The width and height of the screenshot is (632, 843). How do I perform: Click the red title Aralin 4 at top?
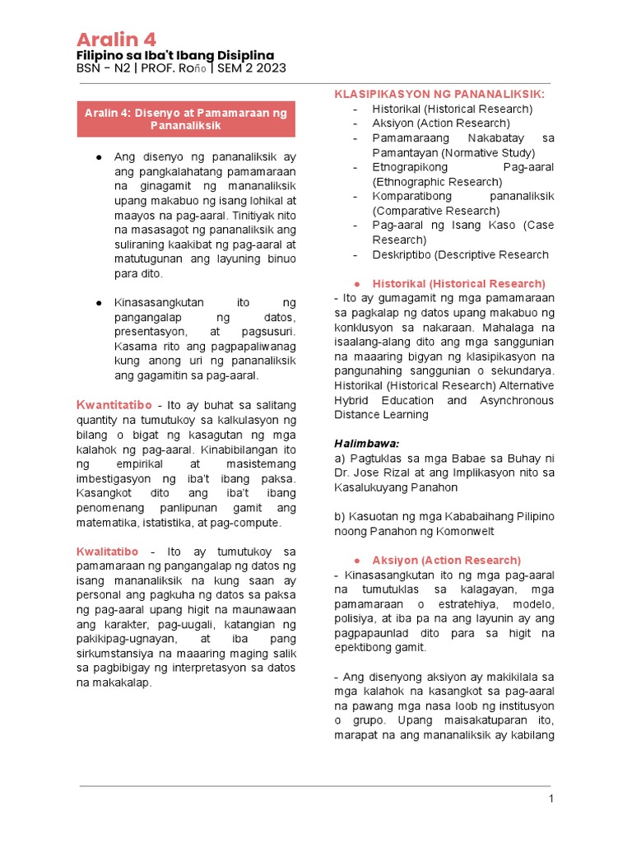click(x=116, y=39)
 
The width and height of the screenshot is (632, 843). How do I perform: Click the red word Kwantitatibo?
click(x=114, y=404)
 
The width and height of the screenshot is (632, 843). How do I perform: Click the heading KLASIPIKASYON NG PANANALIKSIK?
click(x=439, y=95)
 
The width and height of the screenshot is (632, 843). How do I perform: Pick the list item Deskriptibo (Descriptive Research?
click(x=460, y=254)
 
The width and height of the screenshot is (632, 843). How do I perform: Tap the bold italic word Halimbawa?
click(x=366, y=443)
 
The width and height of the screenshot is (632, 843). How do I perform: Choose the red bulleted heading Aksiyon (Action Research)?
click(x=446, y=560)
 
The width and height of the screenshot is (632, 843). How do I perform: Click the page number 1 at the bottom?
click(x=552, y=799)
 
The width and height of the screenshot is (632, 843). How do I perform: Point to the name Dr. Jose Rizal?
click(x=372, y=472)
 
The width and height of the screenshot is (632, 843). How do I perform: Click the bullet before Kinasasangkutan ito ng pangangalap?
click(x=98, y=303)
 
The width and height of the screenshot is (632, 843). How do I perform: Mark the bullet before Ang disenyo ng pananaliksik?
click(x=98, y=156)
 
